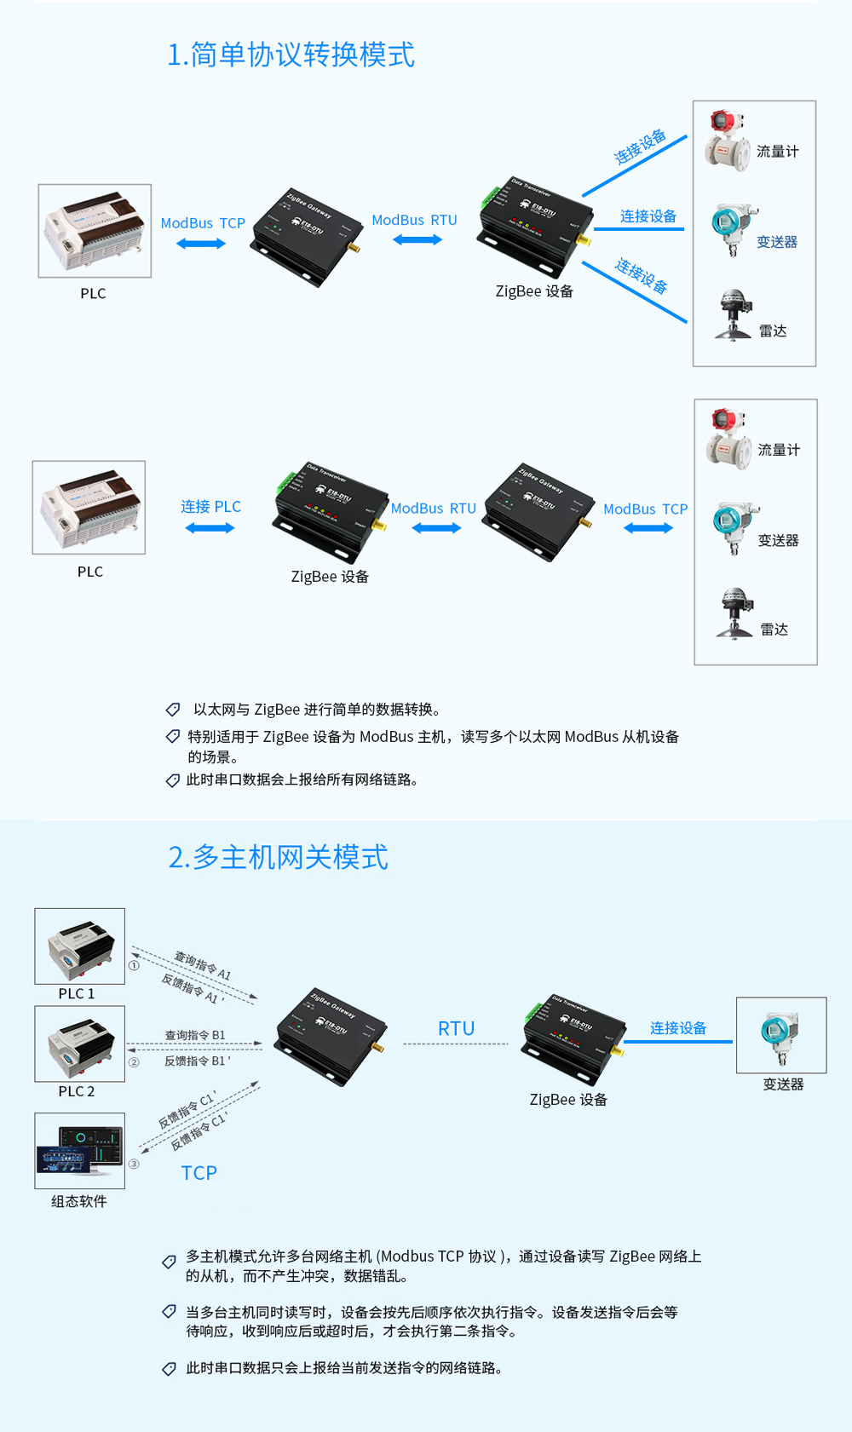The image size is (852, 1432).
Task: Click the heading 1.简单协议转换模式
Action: tap(291, 55)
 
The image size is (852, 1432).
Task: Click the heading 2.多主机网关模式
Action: tap(278, 857)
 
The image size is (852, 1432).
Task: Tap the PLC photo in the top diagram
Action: tap(95, 231)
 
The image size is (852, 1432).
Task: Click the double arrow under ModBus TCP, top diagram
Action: tap(201, 244)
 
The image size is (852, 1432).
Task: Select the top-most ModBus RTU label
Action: tap(414, 220)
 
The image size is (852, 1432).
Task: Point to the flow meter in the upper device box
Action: tap(727, 141)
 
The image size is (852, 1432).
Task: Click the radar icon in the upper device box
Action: tap(734, 315)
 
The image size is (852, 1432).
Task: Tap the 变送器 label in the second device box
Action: tap(778, 540)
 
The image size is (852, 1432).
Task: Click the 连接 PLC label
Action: tap(210, 506)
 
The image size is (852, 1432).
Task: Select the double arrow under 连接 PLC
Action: tap(210, 528)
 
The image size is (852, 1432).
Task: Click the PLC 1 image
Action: tap(80, 946)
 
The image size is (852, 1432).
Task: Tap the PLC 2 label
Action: tap(77, 1091)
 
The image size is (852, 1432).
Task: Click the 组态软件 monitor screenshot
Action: tap(80, 1151)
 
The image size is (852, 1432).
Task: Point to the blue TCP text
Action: tap(199, 1173)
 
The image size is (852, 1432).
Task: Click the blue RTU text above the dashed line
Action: tap(456, 1028)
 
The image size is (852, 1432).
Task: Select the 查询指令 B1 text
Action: tap(195, 1035)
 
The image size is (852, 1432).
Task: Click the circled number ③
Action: tap(134, 1164)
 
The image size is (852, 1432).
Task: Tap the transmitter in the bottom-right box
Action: tap(780, 1037)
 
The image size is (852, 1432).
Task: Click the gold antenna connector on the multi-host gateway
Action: tap(378, 1047)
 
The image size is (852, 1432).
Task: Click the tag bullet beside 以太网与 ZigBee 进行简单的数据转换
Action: tap(173, 710)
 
